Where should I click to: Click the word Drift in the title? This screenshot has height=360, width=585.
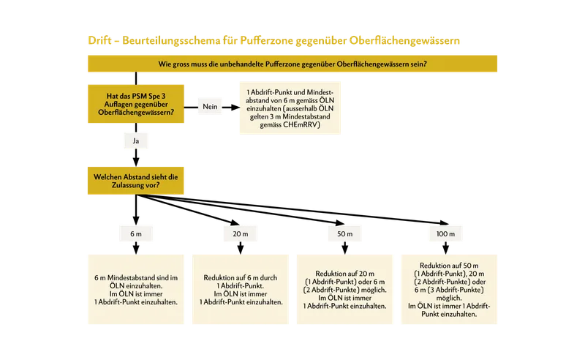[x=99, y=40]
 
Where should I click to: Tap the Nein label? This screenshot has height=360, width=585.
[x=210, y=107]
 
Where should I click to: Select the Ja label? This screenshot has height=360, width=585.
[x=136, y=140]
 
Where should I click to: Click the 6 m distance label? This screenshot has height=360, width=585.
[x=136, y=233]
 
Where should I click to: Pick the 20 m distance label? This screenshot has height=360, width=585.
[x=241, y=233]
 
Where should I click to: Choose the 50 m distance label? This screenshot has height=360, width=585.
[x=344, y=233]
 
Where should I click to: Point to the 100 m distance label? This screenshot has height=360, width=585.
[x=445, y=233]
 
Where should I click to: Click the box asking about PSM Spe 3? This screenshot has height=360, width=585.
[x=136, y=104]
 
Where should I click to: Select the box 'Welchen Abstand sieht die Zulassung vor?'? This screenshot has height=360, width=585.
[x=136, y=181]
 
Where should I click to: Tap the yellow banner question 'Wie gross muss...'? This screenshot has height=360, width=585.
[x=292, y=64]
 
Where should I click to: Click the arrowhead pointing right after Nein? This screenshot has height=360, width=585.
[x=235, y=107]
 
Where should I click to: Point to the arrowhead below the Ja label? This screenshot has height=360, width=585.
[x=136, y=162]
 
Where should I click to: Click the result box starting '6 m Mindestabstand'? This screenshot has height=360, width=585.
[x=136, y=290]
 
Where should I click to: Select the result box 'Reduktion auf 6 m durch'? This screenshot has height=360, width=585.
[x=241, y=290]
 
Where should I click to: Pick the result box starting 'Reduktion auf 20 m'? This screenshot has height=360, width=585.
[x=344, y=290]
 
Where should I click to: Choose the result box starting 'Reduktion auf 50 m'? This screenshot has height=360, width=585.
[x=449, y=290]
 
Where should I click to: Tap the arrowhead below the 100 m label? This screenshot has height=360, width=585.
[x=445, y=250]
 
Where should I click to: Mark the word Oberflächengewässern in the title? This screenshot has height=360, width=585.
[x=404, y=40]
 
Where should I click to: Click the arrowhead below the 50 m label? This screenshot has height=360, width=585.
[x=344, y=250]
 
